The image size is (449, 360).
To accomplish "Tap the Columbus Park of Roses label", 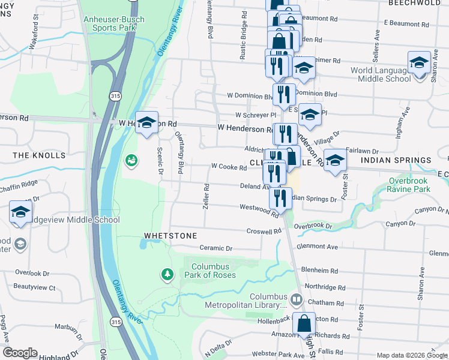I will tap(214, 271).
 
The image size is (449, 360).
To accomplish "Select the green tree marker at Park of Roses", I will tap(167, 274).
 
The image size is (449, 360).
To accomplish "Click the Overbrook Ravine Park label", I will tap(418, 184).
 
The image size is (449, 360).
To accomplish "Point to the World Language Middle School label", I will tap(381, 74).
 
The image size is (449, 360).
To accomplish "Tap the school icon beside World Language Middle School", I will tap(419, 62).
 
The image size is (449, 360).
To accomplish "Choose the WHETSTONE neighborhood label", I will tap(170, 236).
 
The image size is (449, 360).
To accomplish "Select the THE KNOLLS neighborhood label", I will tap(39, 155).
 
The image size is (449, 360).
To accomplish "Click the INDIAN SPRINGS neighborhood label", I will tap(396, 160).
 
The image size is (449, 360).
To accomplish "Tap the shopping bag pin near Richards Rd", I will tap(304, 324).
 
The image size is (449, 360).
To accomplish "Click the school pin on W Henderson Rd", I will tap(146, 123).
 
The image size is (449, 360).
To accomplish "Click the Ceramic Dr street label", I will tap(215, 248).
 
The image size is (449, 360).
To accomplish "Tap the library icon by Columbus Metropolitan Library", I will tap(297, 299).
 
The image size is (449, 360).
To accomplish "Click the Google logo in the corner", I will tap(20, 353).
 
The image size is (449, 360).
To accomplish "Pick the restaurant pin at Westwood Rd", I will tap(280, 198).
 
